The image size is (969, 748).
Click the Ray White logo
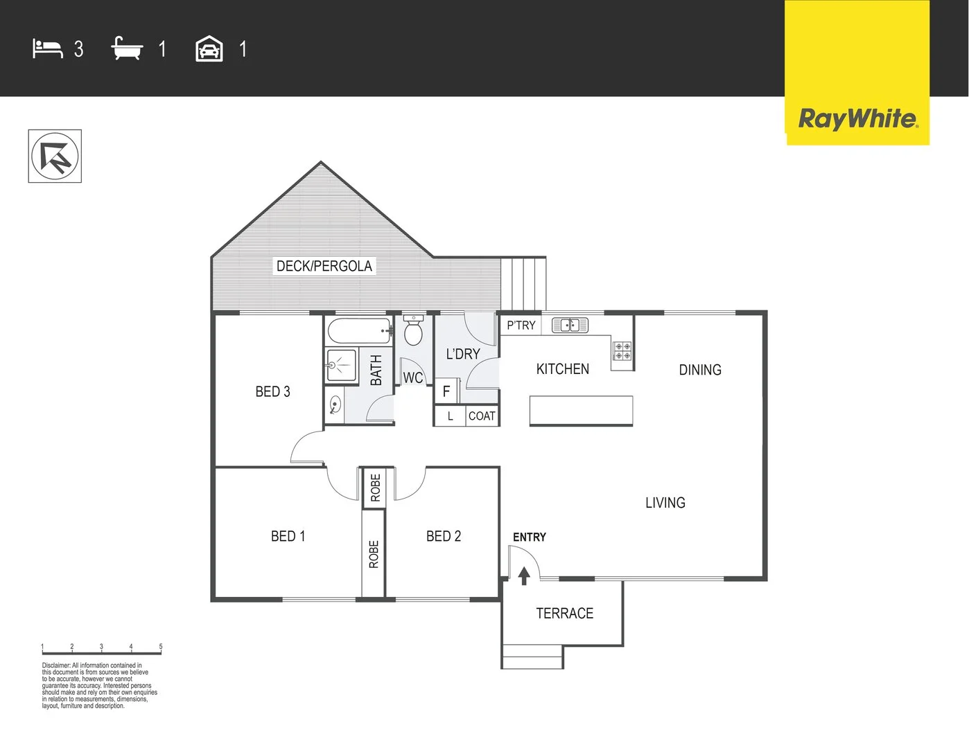(x=857, y=118)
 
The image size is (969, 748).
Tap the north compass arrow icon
(x=55, y=157)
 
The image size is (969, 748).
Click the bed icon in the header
(x=47, y=49)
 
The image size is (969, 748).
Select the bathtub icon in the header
(x=127, y=49)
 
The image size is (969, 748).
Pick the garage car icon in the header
(x=209, y=50)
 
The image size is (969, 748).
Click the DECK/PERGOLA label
(x=324, y=266)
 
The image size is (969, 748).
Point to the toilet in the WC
(x=413, y=331)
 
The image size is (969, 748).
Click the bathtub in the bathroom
(x=358, y=331)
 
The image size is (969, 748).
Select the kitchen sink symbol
(x=570, y=325)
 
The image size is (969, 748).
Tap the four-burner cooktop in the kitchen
(x=622, y=351)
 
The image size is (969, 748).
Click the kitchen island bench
(x=581, y=410)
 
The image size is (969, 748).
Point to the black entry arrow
(x=524, y=575)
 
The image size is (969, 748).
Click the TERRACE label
(x=564, y=614)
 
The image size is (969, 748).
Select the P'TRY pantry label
(x=521, y=326)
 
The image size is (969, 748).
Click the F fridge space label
(x=446, y=392)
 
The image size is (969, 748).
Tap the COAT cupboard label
(x=482, y=416)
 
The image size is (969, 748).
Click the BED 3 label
(x=272, y=392)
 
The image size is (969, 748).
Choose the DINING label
(x=699, y=370)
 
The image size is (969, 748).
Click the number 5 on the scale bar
(x=161, y=647)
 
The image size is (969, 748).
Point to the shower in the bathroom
(x=340, y=364)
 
